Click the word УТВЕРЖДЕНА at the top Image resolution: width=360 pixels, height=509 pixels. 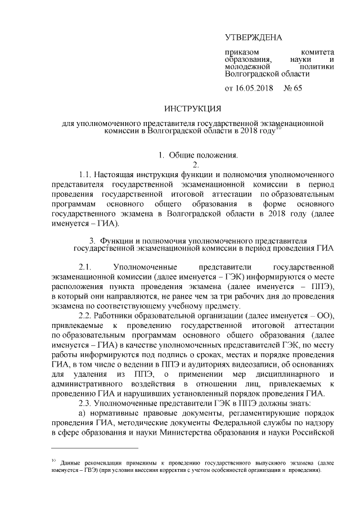click(253, 38)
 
